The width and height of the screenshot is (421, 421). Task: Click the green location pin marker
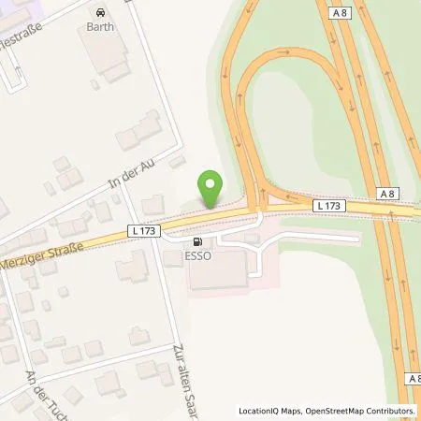[x=212, y=189]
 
